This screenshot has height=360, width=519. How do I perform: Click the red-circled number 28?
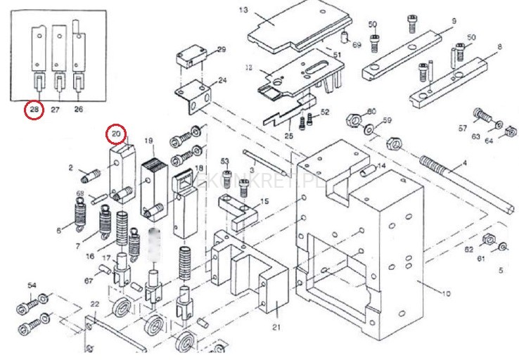coord(33,110)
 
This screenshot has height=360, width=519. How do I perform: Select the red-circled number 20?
coord(117,133)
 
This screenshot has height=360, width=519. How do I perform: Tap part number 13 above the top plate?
coord(244,11)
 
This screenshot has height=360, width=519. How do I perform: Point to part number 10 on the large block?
coord(445,294)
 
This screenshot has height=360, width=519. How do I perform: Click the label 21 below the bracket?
coord(276,327)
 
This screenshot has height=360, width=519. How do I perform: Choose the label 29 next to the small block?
coord(222,50)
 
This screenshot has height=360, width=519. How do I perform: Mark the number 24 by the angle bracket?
coord(222,81)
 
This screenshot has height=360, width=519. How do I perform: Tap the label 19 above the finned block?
coord(149,141)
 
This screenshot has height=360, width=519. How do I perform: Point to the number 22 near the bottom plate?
coord(94,304)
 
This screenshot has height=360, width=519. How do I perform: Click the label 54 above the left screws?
coord(32,285)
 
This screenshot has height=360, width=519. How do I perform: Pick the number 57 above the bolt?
coord(462,128)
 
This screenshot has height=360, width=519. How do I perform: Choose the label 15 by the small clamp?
coord(264,201)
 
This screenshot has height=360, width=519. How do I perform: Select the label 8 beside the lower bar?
coord(499,47)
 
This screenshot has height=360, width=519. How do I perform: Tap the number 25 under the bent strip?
coord(288,134)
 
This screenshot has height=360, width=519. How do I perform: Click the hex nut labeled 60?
coord(353,117)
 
